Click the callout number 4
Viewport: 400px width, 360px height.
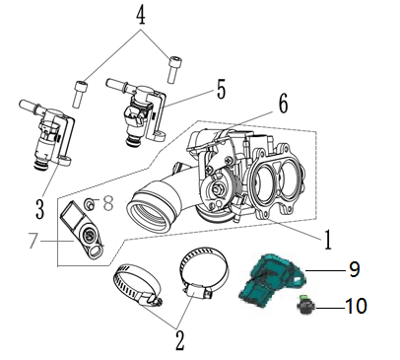pos(141,14)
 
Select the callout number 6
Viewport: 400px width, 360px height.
pos(283,104)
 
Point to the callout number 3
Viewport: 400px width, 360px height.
pos(39,209)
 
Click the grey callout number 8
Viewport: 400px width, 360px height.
pos(108,202)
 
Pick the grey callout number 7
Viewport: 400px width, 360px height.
pos(33,241)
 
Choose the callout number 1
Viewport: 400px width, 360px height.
pos(327,240)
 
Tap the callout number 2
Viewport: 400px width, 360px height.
pos(179,341)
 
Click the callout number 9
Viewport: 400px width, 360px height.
pos(354,269)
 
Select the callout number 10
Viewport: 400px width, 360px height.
pos(356,306)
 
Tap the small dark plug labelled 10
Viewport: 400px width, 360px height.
pos(305,304)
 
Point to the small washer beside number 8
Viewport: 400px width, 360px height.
pos(90,204)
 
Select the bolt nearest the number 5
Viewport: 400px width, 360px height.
pos(173,70)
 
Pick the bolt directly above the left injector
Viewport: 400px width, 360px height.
pos(79,94)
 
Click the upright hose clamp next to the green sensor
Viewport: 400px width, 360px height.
pos(203,273)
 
